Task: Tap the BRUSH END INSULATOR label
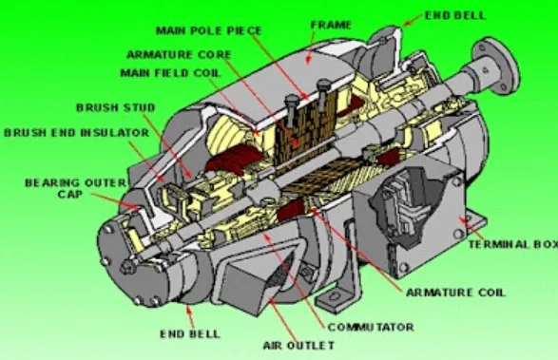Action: (63, 131)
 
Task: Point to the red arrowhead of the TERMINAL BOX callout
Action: (459, 219)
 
